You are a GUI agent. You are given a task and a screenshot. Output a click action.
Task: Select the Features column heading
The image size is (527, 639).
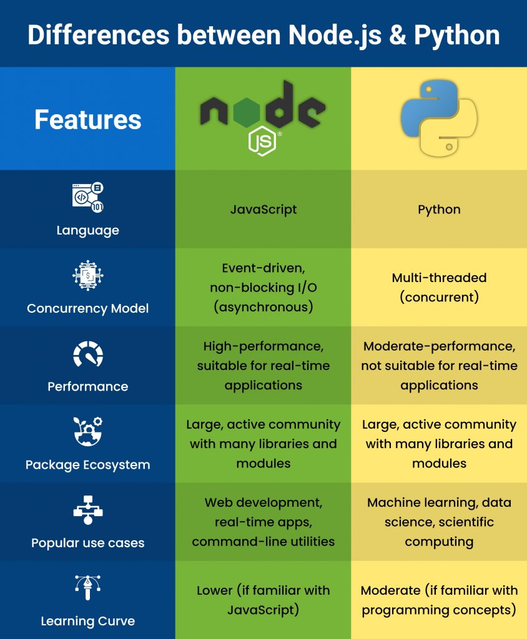(x=87, y=119)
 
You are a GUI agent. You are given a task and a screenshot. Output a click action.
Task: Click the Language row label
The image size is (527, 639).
(x=87, y=230)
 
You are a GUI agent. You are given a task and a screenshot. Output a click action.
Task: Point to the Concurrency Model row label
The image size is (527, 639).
(x=87, y=308)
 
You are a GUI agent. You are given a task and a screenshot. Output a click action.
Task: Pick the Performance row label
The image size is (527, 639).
(x=87, y=386)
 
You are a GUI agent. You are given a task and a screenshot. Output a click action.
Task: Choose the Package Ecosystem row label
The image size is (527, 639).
(x=87, y=465)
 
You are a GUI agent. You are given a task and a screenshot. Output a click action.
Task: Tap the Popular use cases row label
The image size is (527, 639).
(x=87, y=543)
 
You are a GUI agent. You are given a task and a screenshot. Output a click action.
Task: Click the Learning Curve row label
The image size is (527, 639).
(x=87, y=621)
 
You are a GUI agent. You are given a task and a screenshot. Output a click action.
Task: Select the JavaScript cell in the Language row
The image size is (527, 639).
(x=263, y=209)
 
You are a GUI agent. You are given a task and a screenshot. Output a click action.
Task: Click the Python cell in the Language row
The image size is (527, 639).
(x=439, y=209)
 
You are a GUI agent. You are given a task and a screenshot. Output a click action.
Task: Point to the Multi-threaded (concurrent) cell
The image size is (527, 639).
(x=439, y=287)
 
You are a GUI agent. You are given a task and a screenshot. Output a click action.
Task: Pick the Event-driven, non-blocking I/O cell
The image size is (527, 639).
(x=263, y=287)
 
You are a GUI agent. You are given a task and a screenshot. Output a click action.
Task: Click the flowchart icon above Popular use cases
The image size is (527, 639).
(x=88, y=512)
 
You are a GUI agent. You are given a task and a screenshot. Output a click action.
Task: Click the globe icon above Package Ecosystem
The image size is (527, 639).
(x=88, y=432)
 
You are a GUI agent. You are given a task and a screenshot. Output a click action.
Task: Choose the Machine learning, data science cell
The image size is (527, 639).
(x=439, y=522)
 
